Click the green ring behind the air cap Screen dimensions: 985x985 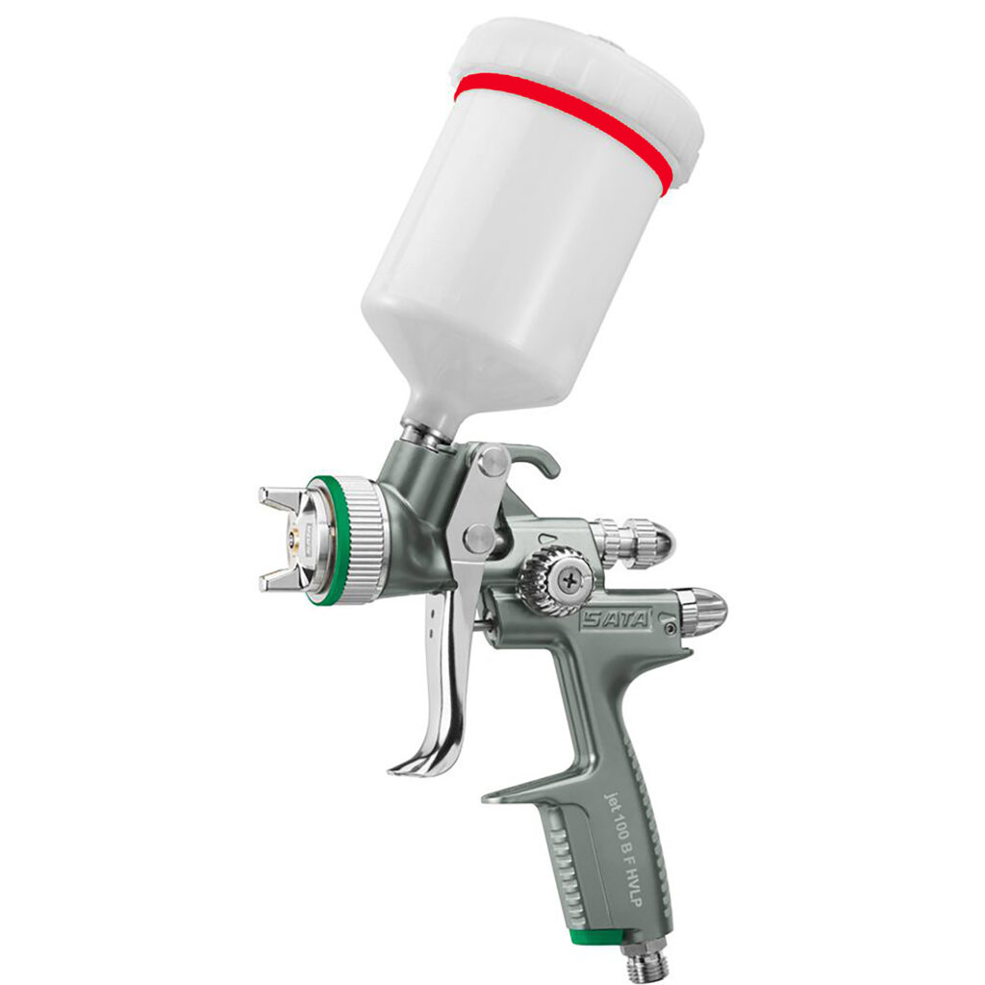(318, 539)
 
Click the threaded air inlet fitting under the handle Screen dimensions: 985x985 (644, 962)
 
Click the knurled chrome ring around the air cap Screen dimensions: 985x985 (361, 539)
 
